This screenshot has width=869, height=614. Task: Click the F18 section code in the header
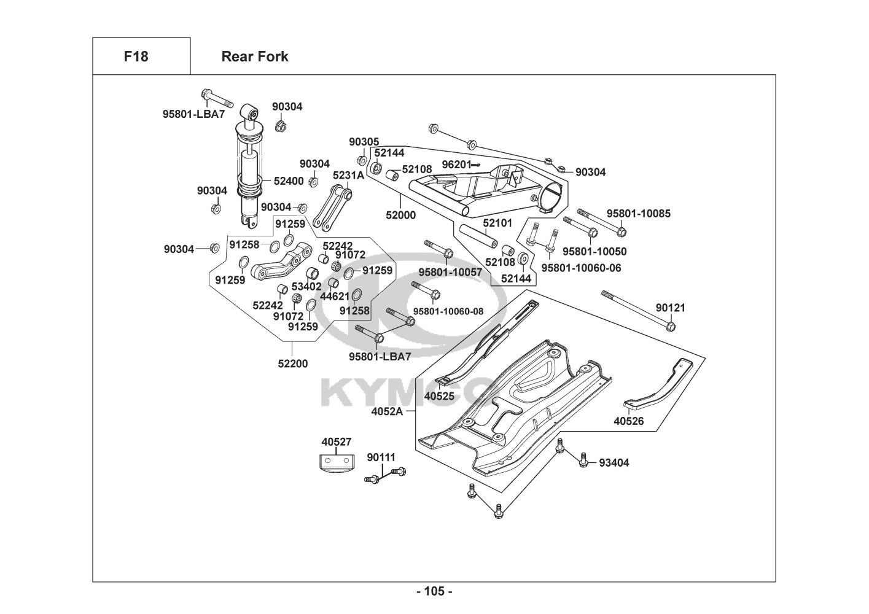[x=136, y=56]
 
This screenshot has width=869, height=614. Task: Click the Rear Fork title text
[x=254, y=56]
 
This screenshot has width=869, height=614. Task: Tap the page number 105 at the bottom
[x=434, y=591]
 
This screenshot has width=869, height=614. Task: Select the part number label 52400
[x=289, y=181]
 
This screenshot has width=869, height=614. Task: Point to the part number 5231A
[x=348, y=175]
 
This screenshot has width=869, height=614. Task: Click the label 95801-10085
[x=639, y=214]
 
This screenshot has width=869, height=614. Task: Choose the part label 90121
[x=670, y=308]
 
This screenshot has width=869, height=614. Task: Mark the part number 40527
[x=337, y=441]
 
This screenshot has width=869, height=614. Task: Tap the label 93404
[x=614, y=463]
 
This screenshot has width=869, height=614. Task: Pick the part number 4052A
[x=387, y=411]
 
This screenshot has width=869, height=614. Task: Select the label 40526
[x=629, y=421]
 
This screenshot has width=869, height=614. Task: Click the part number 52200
[x=293, y=363]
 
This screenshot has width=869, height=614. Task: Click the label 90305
[x=364, y=142]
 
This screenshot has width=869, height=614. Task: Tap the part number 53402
[x=306, y=286]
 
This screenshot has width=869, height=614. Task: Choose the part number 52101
[x=497, y=224]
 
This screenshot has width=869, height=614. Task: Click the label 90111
[x=381, y=457]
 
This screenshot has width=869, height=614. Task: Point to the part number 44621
[x=335, y=296]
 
